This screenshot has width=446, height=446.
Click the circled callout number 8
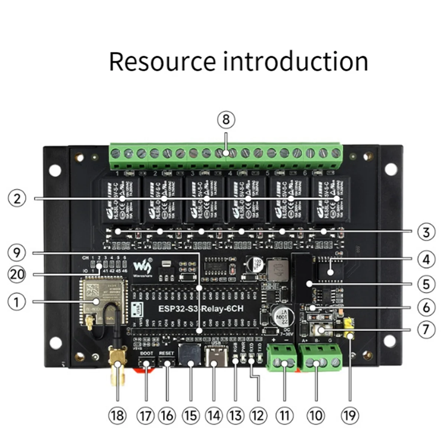pyautogui.click(x=226, y=120)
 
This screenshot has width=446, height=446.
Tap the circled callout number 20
pyautogui.click(x=17, y=275)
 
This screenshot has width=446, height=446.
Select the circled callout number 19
pyautogui.click(x=350, y=415)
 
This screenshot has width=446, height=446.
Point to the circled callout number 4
pyautogui.click(x=426, y=259)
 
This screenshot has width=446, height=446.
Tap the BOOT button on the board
pyautogui.click(x=146, y=362)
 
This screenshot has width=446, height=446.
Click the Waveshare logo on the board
pyautogui.click(x=142, y=266)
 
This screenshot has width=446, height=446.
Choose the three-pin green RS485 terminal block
pyautogui.click(x=320, y=358)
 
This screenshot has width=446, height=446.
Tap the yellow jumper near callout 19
pyautogui.click(x=349, y=327)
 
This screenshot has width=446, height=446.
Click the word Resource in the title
pyautogui.click(x=162, y=62)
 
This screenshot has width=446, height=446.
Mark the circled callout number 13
pyautogui.click(x=236, y=415)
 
